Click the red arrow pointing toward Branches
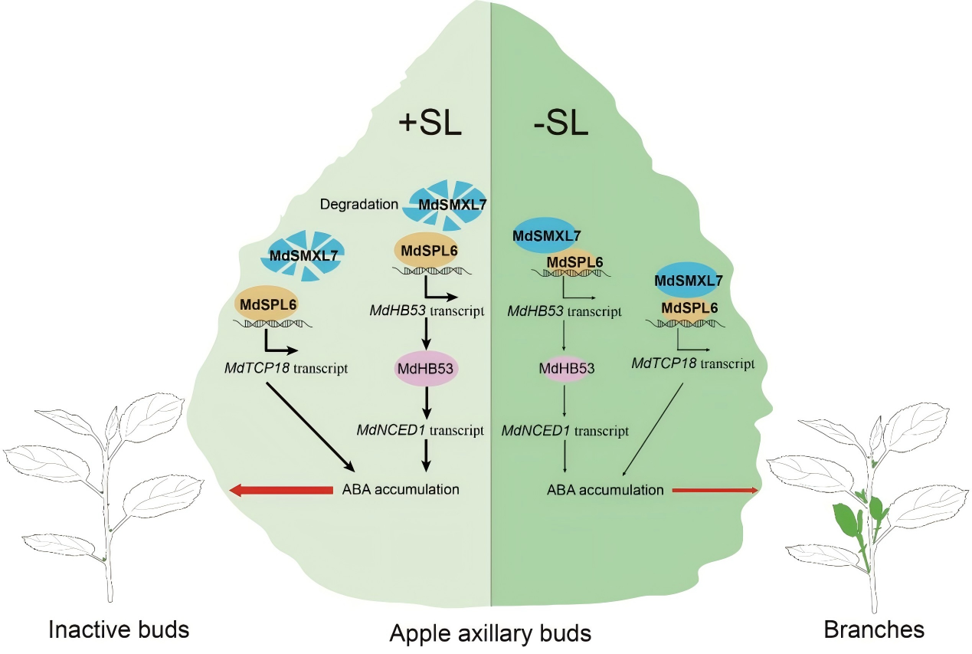coord(715,489)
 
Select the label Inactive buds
coord(119,630)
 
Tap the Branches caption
coord(874,630)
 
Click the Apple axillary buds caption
coord(490,633)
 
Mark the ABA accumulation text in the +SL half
coord(401,489)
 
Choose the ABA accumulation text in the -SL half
coord(605,489)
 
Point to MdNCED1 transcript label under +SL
coord(420,430)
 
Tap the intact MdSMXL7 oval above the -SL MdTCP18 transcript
coord(688,281)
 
